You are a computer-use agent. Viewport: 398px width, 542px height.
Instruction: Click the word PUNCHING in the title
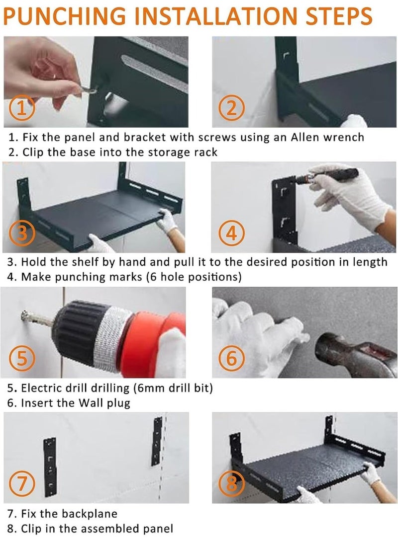(65, 16)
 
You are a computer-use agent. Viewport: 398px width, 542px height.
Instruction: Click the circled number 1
(22, 107)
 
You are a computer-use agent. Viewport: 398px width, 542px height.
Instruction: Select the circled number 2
(231, 107)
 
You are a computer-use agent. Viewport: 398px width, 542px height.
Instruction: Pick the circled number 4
(231, 233)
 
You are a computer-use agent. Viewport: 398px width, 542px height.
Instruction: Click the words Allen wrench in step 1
(327, 137)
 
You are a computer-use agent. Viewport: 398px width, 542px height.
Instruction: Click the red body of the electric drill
(152, 340)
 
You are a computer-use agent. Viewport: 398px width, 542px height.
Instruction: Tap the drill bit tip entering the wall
(24, 315)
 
